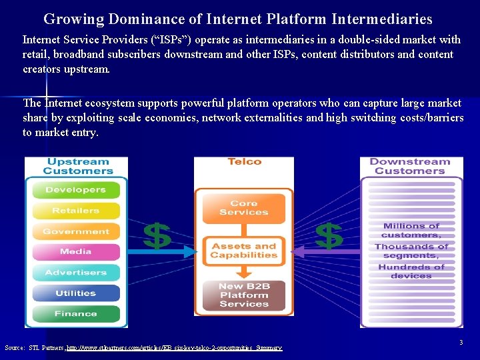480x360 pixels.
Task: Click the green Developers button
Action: coord(75,190)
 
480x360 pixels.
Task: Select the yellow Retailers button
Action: coord(75,211)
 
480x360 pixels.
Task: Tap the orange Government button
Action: coord(75,231)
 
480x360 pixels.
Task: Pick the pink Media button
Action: coord(75,252)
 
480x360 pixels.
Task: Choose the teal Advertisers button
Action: coord(75,273)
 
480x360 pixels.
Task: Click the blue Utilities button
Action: coord(75,293)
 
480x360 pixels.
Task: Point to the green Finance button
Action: coord(75,313)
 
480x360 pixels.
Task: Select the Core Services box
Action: coord(244,208)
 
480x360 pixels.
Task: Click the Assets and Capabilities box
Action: coord(244,251)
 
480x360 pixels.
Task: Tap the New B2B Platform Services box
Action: coord(244,295)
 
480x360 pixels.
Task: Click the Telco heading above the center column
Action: coord(244,162)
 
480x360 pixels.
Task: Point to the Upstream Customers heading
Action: coord(77,166)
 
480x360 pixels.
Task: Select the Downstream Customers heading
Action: coord(409,166)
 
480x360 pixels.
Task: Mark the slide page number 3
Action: coord(461,342)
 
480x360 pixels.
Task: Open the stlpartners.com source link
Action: coord(174,348)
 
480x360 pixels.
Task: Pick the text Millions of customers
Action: coord(411,231)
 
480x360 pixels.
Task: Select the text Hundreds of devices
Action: coord(411,271)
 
